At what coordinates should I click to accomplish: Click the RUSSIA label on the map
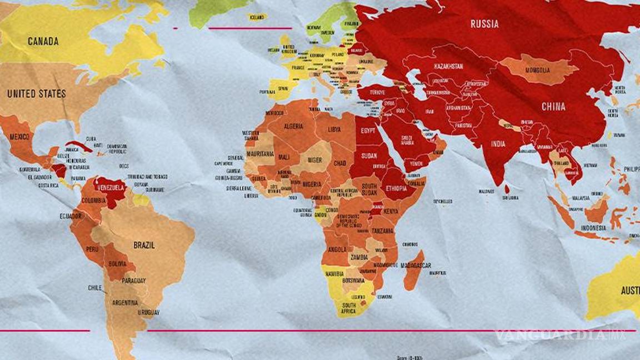pyautogui.click(x=484, y=24)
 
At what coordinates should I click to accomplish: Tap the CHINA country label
pyautogui.click(x=553, y=107)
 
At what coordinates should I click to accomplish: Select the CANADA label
pyautogui.click(x=43, y=41)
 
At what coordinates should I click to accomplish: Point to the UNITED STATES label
pyautogui.click(x=37, y=94)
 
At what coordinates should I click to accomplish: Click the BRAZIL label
pyautogui.click(x=144, y=245)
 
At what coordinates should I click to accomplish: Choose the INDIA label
pyautogui.click(x=498, y=144)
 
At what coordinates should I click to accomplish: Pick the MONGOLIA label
pyautogui.click(x=538, y=71)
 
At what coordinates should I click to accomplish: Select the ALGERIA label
pyautogui.click(x=293, y=126)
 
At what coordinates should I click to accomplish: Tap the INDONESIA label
pyautogui.click(x=593, y=228)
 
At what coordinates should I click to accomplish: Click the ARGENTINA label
pyautogui.click(x=125, y=303)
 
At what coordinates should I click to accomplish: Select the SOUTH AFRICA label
pyautogui.click(x=349, y=308)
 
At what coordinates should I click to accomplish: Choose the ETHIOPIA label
pyautogui.click(x=397, y=189)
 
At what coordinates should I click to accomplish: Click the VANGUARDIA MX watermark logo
pyautogui.click(x=560, y=334)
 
